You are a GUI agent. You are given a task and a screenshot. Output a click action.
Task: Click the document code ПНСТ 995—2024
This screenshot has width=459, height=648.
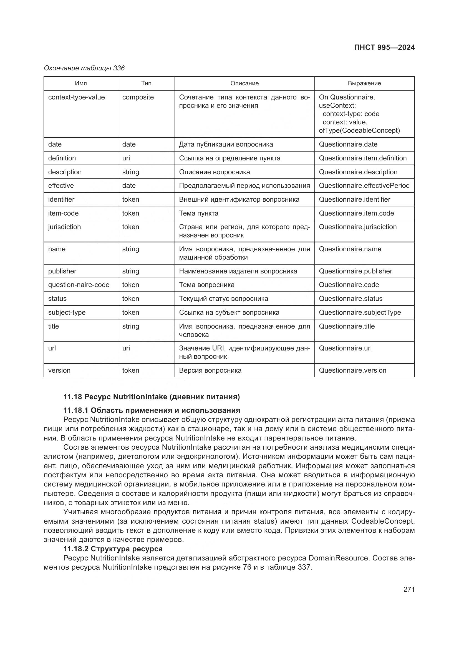[384, 47]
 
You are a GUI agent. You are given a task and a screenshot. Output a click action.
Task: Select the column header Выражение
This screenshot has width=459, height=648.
[364, 83]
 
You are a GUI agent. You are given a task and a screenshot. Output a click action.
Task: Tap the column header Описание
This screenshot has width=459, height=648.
[244, 83]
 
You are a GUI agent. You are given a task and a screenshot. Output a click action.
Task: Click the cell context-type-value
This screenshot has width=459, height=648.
[76, 97]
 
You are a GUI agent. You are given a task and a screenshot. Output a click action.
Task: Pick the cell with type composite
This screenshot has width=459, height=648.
[138, 97]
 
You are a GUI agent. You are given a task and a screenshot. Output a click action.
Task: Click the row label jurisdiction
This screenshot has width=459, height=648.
[64, 227]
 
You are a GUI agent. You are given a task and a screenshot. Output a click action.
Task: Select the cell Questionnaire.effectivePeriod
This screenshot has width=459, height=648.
[364, 186]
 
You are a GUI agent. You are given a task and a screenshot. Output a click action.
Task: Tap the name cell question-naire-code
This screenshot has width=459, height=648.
[79, 285]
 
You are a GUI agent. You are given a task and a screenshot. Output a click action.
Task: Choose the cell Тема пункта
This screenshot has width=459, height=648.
[199, 213]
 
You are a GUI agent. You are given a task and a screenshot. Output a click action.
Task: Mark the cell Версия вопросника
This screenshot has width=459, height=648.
[210, 370]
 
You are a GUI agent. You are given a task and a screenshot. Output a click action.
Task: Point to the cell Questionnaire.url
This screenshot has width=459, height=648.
[345, 348]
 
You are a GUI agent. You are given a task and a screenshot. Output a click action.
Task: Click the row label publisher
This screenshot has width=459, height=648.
[62, 271]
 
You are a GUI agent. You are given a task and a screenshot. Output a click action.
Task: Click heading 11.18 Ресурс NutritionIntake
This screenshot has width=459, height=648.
[152, 397]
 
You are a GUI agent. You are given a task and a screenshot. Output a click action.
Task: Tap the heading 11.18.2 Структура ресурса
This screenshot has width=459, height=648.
[113, 549]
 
